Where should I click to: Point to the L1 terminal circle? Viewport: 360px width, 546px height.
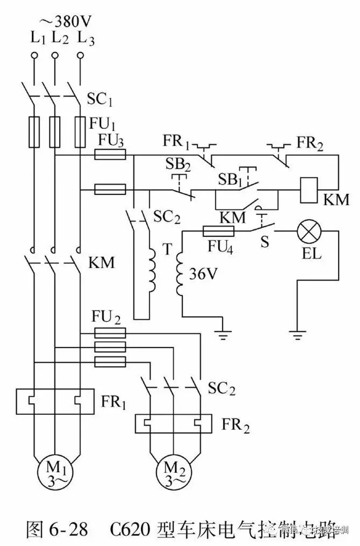click(34, 56)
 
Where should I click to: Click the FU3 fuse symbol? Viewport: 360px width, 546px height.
click(110, 155)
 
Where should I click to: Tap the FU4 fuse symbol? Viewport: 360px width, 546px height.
click(218, 231)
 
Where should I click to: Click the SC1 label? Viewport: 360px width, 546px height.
click(100, 100)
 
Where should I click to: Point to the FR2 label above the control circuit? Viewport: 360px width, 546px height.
click(310, 142)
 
